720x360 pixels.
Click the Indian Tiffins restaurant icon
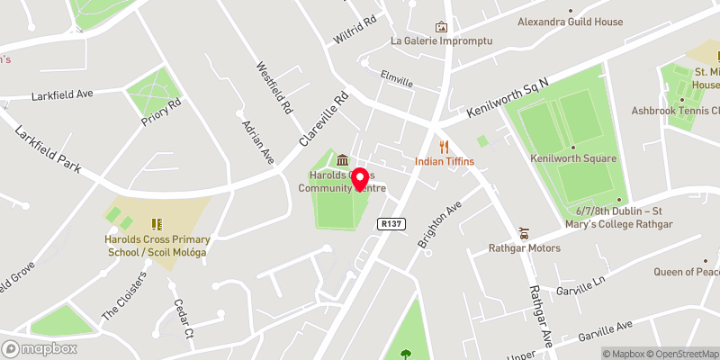pos(443,147)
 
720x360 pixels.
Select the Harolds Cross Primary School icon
pos(156,223)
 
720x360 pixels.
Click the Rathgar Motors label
pos(525,247)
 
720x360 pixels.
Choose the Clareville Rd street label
pos(323,121)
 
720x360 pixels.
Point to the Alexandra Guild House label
pos(570,22)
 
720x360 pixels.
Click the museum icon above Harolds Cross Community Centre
pos(343,159)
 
